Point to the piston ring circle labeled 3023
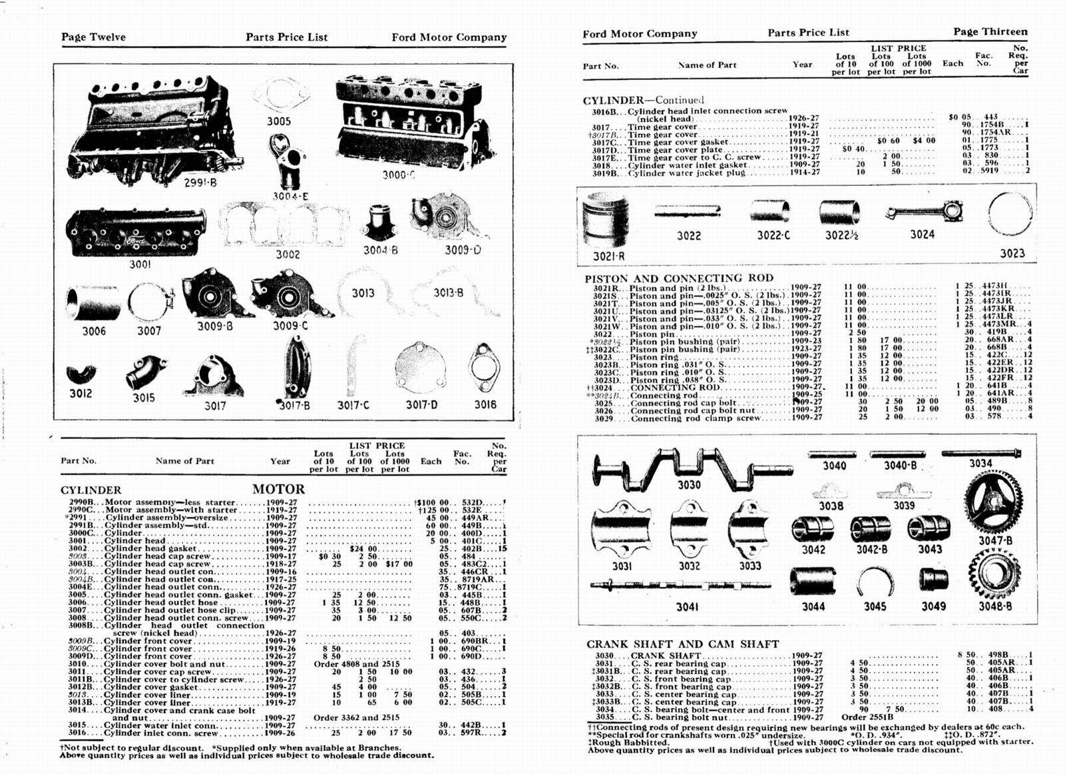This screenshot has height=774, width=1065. click(x=1010, y=214)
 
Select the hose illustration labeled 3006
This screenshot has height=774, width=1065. click(x=94, y=303)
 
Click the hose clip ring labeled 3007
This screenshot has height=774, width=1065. click(x=149, y=303)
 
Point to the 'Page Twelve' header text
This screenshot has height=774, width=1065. click(x=93, y=37)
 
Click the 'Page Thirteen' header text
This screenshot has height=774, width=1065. click(x=990, y=32)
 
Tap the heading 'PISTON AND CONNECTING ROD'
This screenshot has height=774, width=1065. click(x=679, y=278)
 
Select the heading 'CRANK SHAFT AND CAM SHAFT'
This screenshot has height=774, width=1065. click(x=682, y=644)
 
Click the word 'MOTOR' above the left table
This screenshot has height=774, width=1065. click(x=278, y=490)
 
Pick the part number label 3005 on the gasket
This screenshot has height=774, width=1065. click(x=279, y=121)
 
